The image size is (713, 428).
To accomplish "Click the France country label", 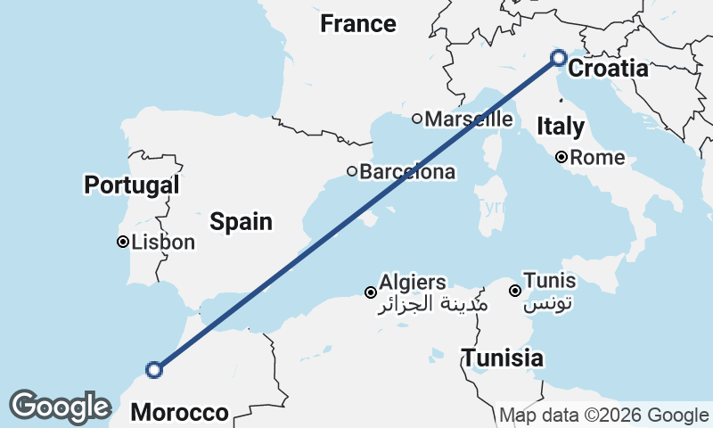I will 358,24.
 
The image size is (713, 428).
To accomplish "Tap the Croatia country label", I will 608,69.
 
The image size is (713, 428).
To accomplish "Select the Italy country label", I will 560,127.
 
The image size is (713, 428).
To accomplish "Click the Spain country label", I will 241,221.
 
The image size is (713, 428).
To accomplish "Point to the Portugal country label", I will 132,185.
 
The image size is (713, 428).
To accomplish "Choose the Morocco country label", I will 179,412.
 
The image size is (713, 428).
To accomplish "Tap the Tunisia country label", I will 503,358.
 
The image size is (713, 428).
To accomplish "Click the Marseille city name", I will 469,119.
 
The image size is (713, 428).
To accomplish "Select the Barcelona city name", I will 407,172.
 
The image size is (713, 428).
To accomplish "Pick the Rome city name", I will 597,158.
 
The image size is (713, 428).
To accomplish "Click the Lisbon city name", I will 162,242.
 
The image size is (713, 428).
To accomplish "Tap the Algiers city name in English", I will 413,283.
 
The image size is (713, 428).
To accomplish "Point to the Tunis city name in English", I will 549,281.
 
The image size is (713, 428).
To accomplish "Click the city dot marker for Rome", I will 561,158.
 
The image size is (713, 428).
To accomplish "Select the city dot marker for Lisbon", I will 123,242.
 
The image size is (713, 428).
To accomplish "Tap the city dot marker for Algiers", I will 370,292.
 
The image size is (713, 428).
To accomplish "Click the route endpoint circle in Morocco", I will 154,369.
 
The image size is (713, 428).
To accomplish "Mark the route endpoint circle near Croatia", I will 558,58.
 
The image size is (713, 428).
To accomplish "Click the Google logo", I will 60,407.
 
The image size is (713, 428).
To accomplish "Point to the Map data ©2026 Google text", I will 603,415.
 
